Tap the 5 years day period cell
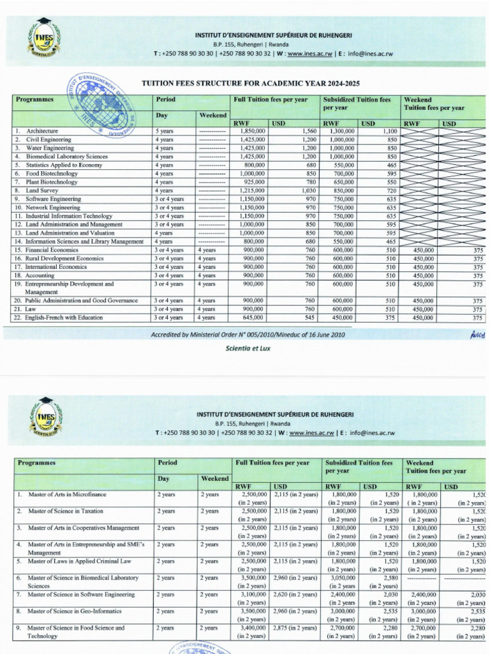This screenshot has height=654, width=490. pos(165,131)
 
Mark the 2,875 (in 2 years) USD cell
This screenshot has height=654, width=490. pos(295,628)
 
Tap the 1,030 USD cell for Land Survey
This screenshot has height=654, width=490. pos(309,190)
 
